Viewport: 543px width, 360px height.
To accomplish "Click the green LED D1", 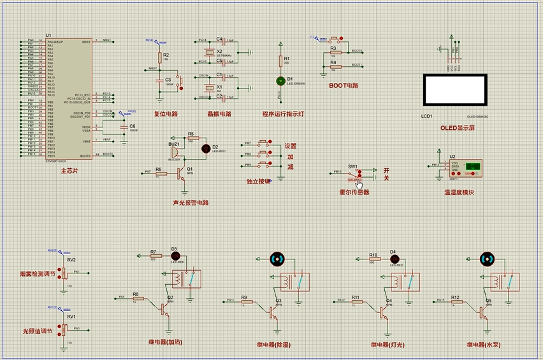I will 279,81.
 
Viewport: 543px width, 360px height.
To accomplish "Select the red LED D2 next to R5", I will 205,148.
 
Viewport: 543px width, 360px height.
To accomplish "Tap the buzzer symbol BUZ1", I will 173,152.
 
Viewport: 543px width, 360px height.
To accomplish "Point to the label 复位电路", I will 166,114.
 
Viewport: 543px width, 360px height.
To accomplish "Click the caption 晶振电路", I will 219,114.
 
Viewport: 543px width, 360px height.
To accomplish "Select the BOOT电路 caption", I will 344,85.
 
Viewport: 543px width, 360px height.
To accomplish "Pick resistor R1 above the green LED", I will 279,61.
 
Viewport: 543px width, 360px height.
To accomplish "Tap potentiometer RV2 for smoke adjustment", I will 63,273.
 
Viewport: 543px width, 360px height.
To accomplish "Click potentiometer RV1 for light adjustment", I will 63,329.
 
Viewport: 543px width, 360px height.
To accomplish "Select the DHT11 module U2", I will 464,169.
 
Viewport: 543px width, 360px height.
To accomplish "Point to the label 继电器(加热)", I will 164,342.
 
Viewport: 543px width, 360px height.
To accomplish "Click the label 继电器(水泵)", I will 482,345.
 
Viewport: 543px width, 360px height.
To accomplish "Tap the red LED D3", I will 174,256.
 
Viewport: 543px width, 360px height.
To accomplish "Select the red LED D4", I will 393,259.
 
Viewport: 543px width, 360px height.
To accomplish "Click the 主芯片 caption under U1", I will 69,171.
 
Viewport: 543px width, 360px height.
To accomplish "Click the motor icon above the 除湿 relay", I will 277,259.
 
